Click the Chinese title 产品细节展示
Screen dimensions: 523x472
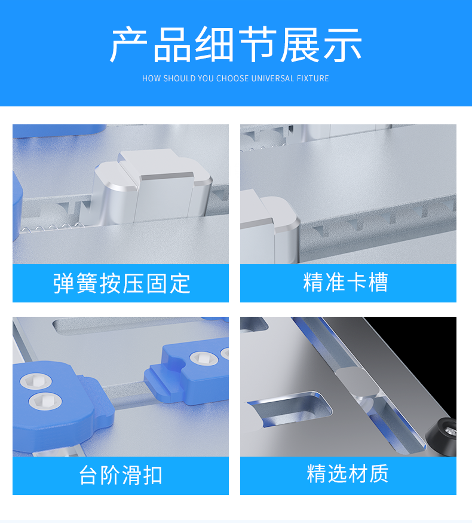(235, 45)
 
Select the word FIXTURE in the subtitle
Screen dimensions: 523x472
(312, 78)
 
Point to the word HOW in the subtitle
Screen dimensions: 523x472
(151, 78)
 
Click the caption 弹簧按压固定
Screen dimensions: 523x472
(121, 283)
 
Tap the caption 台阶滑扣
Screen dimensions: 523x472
(121, 476)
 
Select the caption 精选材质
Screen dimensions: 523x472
(348, 474)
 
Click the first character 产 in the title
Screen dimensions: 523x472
(128, 45)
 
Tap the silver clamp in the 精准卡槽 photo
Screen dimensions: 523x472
(269, 227)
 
